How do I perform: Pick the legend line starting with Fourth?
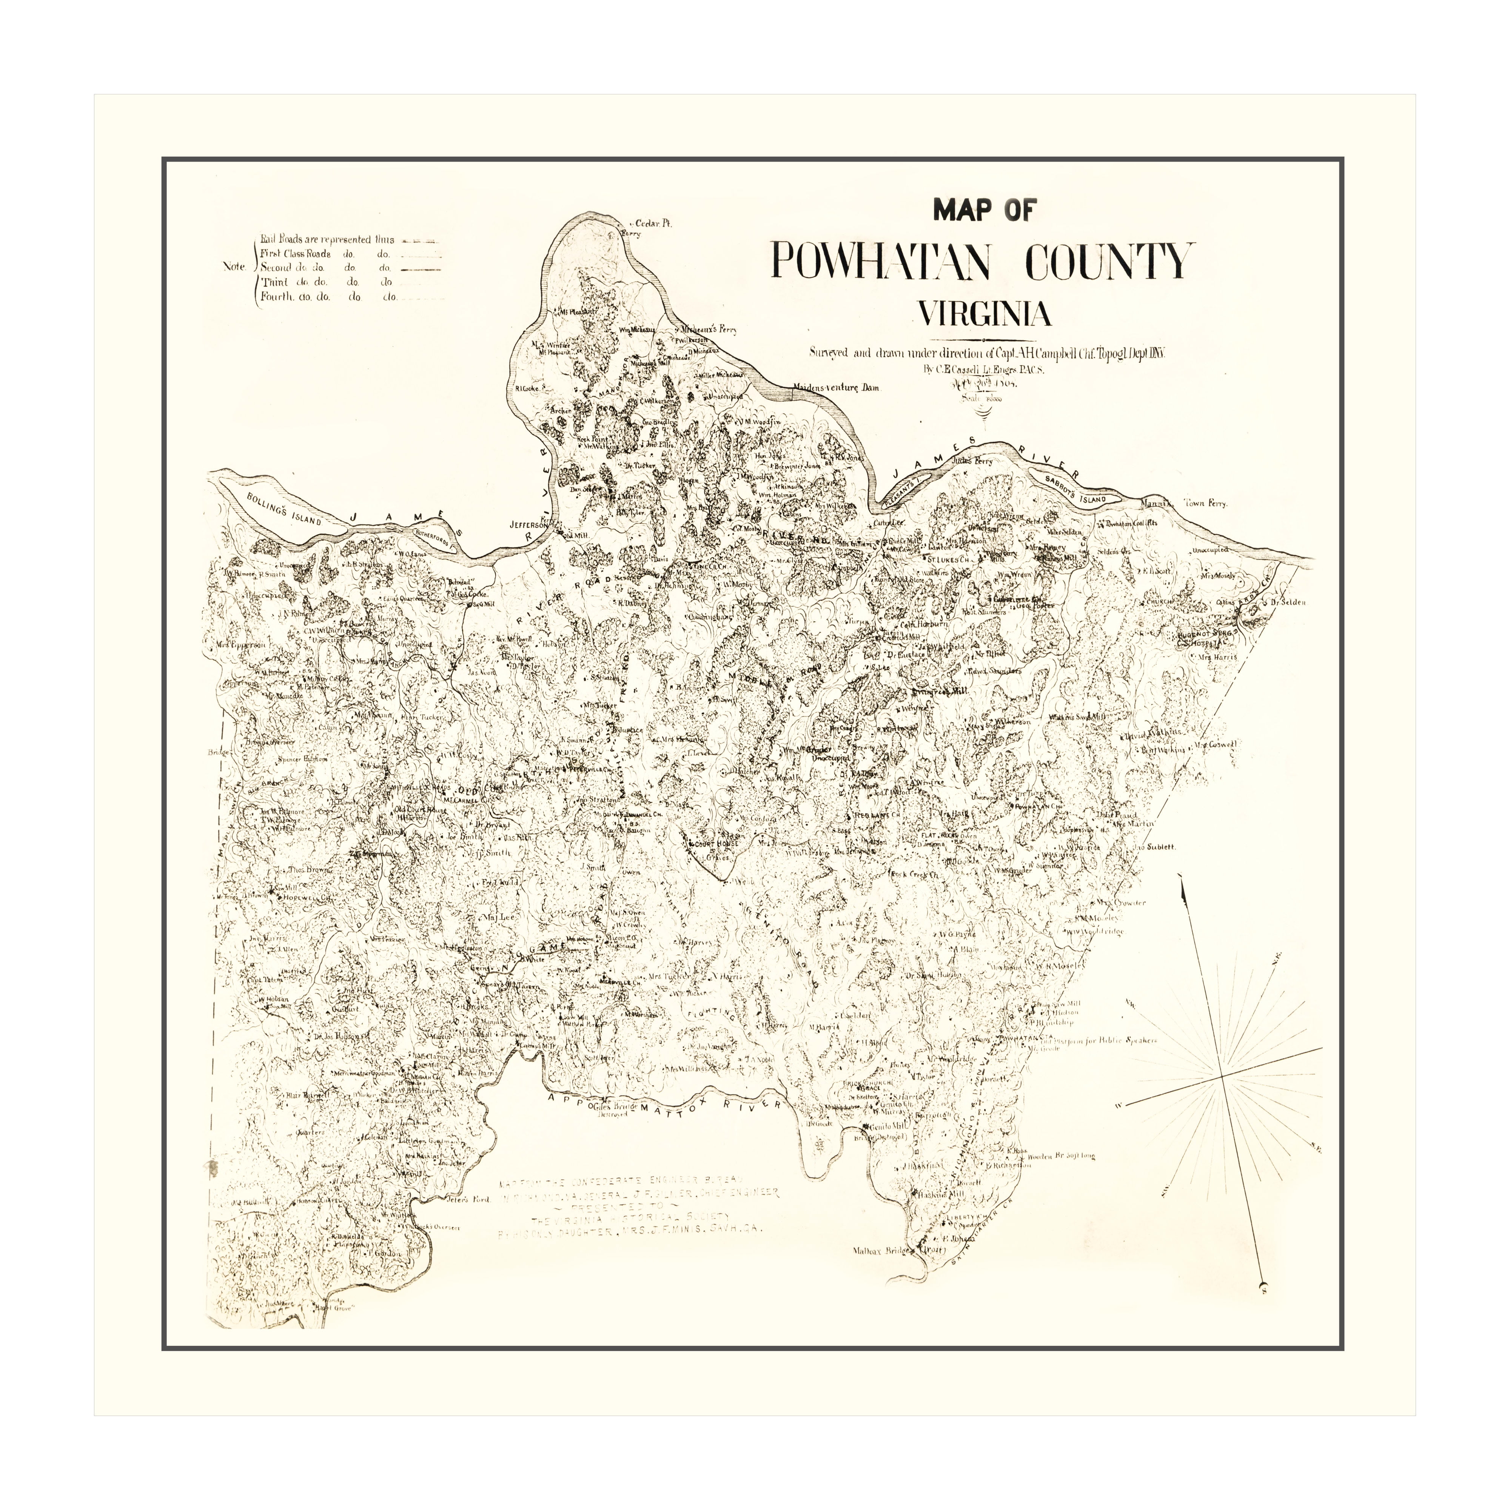pos(328,297)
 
